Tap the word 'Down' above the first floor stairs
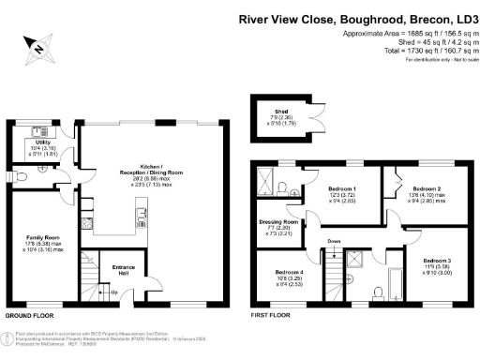pyautogui.click(x=334, y=241)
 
